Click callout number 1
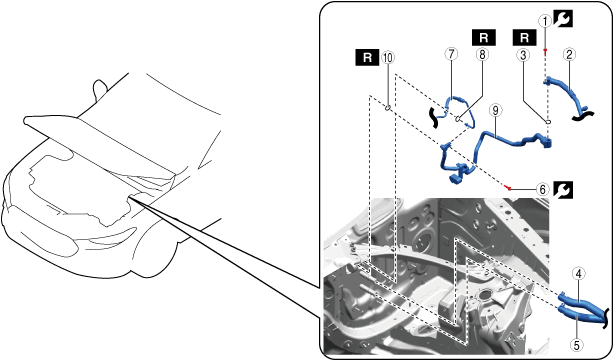pos(545,21)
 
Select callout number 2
pos(569,54)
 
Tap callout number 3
pos(523,55)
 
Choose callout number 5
pos(576,345)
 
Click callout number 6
pos(542,190)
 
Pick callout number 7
pos(451,54)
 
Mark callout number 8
pos(482,54)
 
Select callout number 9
pos(495,110)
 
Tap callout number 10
pos(388,58)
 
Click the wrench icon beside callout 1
pos(563,19)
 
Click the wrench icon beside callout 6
pos(563,190)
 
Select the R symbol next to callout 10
pos(367,57)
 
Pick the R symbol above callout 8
pos(484,38)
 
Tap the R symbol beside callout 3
pos(524,38)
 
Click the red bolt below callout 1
pos(544,51)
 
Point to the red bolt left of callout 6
pos(508,188)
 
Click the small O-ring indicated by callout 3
pos(548,122)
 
